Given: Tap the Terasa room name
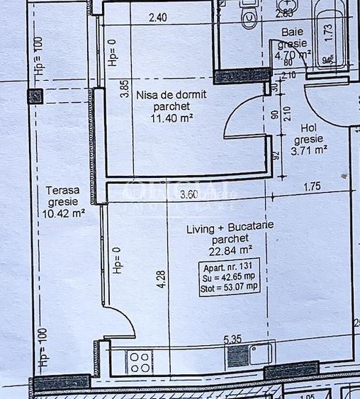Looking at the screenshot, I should click(62, 190).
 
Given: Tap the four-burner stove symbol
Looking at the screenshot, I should click(136, 361).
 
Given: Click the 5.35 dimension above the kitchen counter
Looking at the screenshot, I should click(232, 339).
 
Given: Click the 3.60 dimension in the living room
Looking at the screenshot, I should click(189, 194).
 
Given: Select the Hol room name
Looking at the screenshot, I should click(308, 127).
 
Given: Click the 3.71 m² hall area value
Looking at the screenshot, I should click(310, 150).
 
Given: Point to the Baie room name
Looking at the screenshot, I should click(291, 32).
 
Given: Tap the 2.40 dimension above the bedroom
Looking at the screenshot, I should click(158, 18).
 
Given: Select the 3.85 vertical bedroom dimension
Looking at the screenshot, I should click(125, 89).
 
